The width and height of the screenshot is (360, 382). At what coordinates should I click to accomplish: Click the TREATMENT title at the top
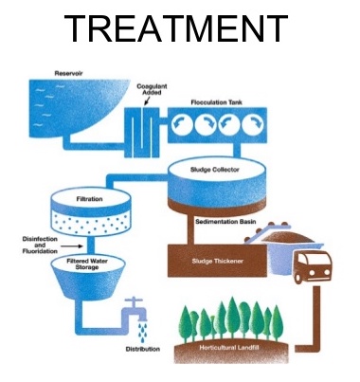point(176,28)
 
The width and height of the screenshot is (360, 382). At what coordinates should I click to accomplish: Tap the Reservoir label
point(68,73)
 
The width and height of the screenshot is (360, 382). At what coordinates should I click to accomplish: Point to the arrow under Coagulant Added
point(147,101)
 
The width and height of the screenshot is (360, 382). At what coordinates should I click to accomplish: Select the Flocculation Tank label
point(216,102)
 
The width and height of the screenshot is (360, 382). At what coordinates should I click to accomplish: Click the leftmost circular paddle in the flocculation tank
point(182,124)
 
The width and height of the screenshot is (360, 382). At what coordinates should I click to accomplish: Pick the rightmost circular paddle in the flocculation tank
point(253,124)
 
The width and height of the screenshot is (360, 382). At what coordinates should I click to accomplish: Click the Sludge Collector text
point(215,170)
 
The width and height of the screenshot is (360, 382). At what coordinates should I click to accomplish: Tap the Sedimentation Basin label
point(225,222)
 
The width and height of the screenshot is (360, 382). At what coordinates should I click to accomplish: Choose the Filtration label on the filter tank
point(89,199)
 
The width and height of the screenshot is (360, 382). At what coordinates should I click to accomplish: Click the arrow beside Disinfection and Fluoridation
point(72,246)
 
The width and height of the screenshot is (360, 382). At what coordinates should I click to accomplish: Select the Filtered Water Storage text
point(87,264)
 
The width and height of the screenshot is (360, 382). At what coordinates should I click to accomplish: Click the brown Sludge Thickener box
point(217,261)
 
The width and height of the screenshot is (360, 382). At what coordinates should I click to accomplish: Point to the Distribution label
point(143,349)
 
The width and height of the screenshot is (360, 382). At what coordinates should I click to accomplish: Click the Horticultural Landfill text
point(225,348)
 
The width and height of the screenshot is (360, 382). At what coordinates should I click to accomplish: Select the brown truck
point(312,267)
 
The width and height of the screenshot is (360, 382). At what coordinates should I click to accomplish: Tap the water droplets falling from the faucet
point(142,332)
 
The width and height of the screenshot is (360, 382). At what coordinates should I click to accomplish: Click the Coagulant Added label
point(152,89)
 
